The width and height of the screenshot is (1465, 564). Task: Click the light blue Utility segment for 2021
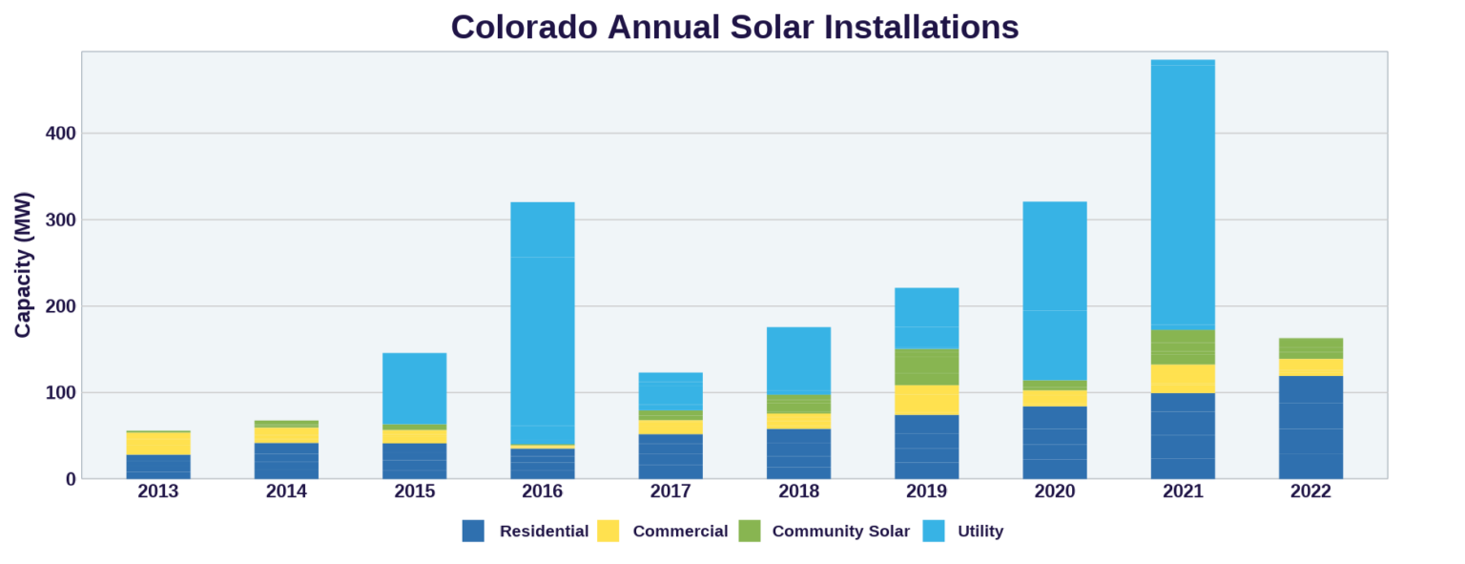(x=1183, y=195)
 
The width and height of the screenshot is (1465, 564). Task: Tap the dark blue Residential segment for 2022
(x=1310, y=428)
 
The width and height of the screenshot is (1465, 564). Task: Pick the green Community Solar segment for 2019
(x=927, y=367)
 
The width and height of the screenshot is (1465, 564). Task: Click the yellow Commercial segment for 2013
(x=158, y=444)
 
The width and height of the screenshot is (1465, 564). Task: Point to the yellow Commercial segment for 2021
(x=1183, y=379)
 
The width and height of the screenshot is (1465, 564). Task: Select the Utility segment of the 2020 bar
(x=1055, y=291)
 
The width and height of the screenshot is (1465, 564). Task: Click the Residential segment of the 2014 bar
(x=286, y=461)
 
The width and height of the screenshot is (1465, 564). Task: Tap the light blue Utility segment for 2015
(x=415, y=388)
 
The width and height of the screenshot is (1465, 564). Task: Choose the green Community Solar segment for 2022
(x=1310, y=348)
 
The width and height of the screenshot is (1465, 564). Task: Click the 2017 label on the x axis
(x=671, y=491)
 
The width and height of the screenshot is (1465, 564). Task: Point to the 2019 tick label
(x=927, y=491)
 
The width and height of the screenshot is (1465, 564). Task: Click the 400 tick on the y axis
(x=60, y=134)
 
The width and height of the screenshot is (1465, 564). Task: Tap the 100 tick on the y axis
(x=60, y=393)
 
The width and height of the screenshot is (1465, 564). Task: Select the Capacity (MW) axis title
(x=23, y=265)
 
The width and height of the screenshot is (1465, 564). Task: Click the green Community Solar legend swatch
(x=750, y=532)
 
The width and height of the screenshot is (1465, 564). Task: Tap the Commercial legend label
(x=680, y=532)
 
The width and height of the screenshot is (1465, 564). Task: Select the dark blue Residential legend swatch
(x=473, y=532)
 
